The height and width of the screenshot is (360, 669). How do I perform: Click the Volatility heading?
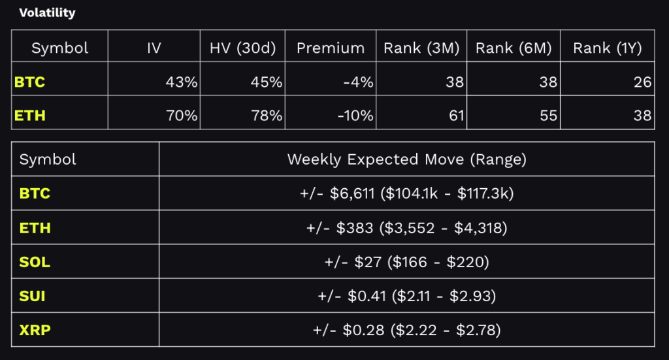point(47,12)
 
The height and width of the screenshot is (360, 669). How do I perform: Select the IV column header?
point(154,48)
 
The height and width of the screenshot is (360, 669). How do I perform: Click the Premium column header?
point(330,48)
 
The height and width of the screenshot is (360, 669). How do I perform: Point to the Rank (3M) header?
point(421,48)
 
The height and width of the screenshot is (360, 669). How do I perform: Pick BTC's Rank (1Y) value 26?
point(642,82)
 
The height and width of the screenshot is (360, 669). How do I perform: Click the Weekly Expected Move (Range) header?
point(406,159)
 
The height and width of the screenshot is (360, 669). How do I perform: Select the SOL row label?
point(35,262)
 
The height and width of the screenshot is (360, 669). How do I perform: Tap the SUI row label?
point(33,296)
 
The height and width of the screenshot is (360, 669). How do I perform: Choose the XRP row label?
point(35,330)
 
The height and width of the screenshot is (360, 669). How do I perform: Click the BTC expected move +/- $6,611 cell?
point(406,193)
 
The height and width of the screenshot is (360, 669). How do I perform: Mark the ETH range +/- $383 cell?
point(406,228)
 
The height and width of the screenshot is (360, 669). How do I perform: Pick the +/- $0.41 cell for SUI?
point(406,296)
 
